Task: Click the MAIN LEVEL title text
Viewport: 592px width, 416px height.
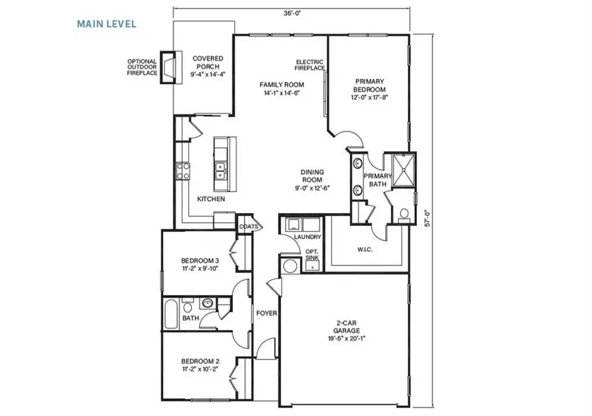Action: (x=106, y=24)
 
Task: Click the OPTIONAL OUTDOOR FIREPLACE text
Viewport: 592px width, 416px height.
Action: (x=142, y=67)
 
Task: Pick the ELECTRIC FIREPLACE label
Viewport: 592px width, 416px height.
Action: (x=310, y=64)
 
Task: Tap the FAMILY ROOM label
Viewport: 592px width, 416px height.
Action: (x=281, y=89)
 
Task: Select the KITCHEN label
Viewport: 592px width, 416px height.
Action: (x=211, y=198)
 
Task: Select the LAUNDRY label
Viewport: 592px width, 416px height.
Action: (x=307, y=237)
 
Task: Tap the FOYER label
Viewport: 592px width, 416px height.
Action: (x=267, y=313)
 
